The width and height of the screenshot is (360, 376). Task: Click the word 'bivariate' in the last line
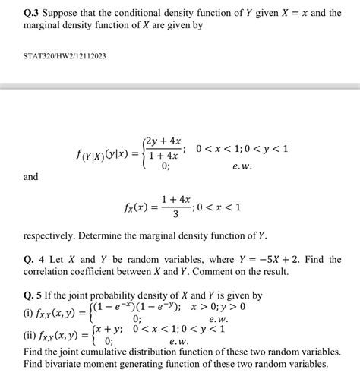[x=64, y=365]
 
